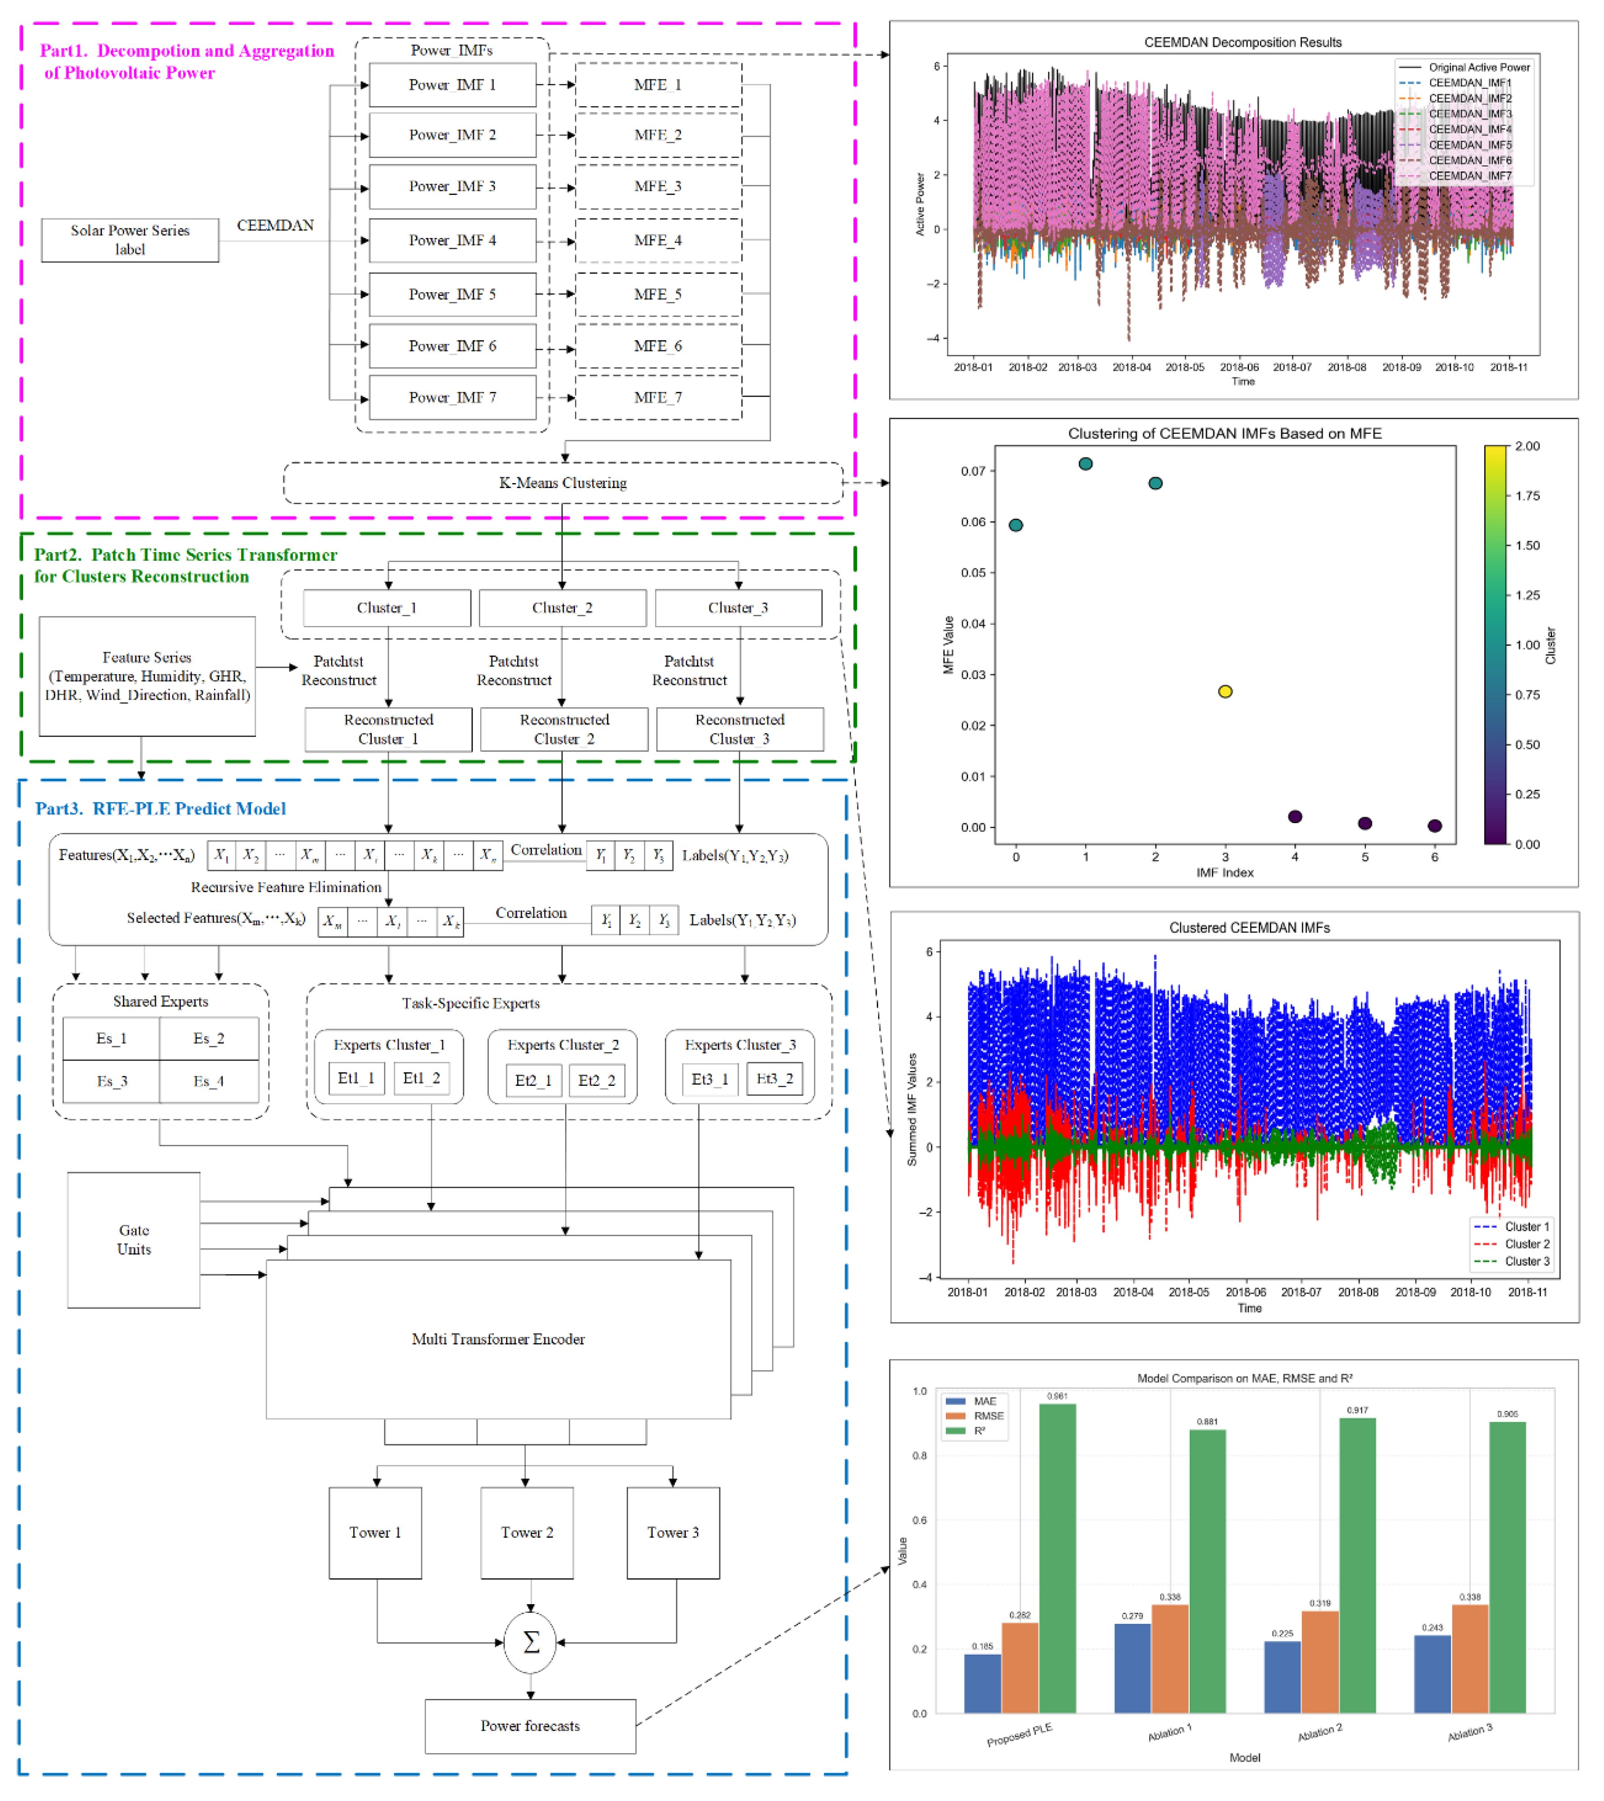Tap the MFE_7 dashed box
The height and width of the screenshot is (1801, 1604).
(658, 397)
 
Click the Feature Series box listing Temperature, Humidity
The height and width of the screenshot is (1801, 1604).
(147, 676)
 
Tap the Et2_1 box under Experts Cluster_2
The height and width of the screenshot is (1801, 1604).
(533, 1080)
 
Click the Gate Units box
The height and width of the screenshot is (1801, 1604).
(134, 1240)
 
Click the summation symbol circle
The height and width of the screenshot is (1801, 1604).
(531, 1643)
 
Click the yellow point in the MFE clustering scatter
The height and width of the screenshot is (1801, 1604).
(1225, 692)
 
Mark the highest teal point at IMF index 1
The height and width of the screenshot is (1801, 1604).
(1086, 464)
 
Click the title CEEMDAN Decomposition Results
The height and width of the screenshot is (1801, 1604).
(1243, 42)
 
